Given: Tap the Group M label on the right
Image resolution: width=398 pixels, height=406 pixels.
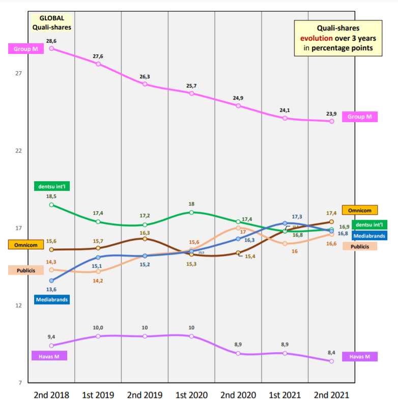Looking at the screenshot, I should pyautogui.click(x=359, y=117).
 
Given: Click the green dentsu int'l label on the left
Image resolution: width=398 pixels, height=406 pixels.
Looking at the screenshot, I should pyautogui.click(x=53, y=186).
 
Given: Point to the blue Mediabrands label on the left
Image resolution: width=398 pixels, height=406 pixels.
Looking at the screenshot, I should pyautogui.click(x=52, y=300).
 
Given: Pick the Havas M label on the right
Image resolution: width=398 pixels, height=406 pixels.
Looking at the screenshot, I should pyautogui.click(x=359, y=357).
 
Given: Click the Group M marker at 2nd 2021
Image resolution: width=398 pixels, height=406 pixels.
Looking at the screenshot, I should pyautogui.click(x=331, y=121).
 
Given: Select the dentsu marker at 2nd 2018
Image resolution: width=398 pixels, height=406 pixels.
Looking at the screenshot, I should pyautogui.click(x=51, y=205).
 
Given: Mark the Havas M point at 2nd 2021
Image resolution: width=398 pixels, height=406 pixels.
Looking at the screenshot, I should pyautogui.click(x=331, y=361).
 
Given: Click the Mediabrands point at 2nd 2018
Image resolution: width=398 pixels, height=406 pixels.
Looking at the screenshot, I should pyautogui.click(x=51, y=280).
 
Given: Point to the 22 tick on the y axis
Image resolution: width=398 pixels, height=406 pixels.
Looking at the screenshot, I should pyautogui.click(x=18, y=151).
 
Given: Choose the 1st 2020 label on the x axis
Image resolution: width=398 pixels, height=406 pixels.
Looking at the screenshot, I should pyautogui.click(x=191, y=395).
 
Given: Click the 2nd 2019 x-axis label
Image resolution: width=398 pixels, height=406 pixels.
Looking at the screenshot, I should pyautogui.click(x=145, y=395).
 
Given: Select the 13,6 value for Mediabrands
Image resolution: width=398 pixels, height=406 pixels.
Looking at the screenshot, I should pyautogui.click(x=51, y=289).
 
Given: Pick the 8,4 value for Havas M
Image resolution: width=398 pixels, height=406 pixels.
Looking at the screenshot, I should pyautogui.click(x=331, y=352).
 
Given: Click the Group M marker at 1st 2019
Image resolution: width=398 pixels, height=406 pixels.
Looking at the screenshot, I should pyautogui.click(x=98, y=64).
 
